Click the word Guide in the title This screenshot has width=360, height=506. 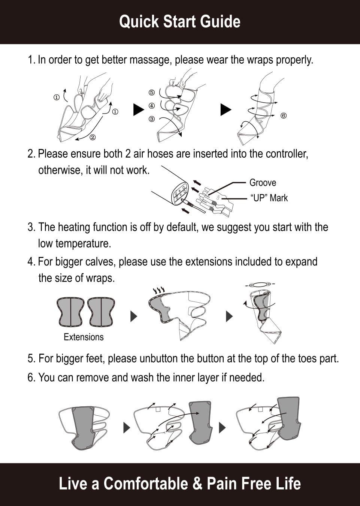(x=220, y=22)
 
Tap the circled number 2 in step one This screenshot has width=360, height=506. (x=93, y=137)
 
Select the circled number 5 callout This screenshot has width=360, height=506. (x=152, y=93)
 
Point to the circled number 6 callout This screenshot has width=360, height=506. (x=284, y=116)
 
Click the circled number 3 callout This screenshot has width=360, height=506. (x=152, y=119)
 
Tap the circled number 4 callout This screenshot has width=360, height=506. (x=152, y=106)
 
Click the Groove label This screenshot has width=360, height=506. (x=263, y=183)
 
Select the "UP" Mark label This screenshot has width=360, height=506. (x=269, y=198)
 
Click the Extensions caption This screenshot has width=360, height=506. (x=84, y=337)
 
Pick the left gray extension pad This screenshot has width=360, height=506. (x=70, y=312)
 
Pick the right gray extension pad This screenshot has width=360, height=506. (x=101, y=312)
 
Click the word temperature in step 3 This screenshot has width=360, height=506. (x=83, y=243)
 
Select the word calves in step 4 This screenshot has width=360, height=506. (x=100, y=261)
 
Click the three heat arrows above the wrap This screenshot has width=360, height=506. (x=159, y=290)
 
